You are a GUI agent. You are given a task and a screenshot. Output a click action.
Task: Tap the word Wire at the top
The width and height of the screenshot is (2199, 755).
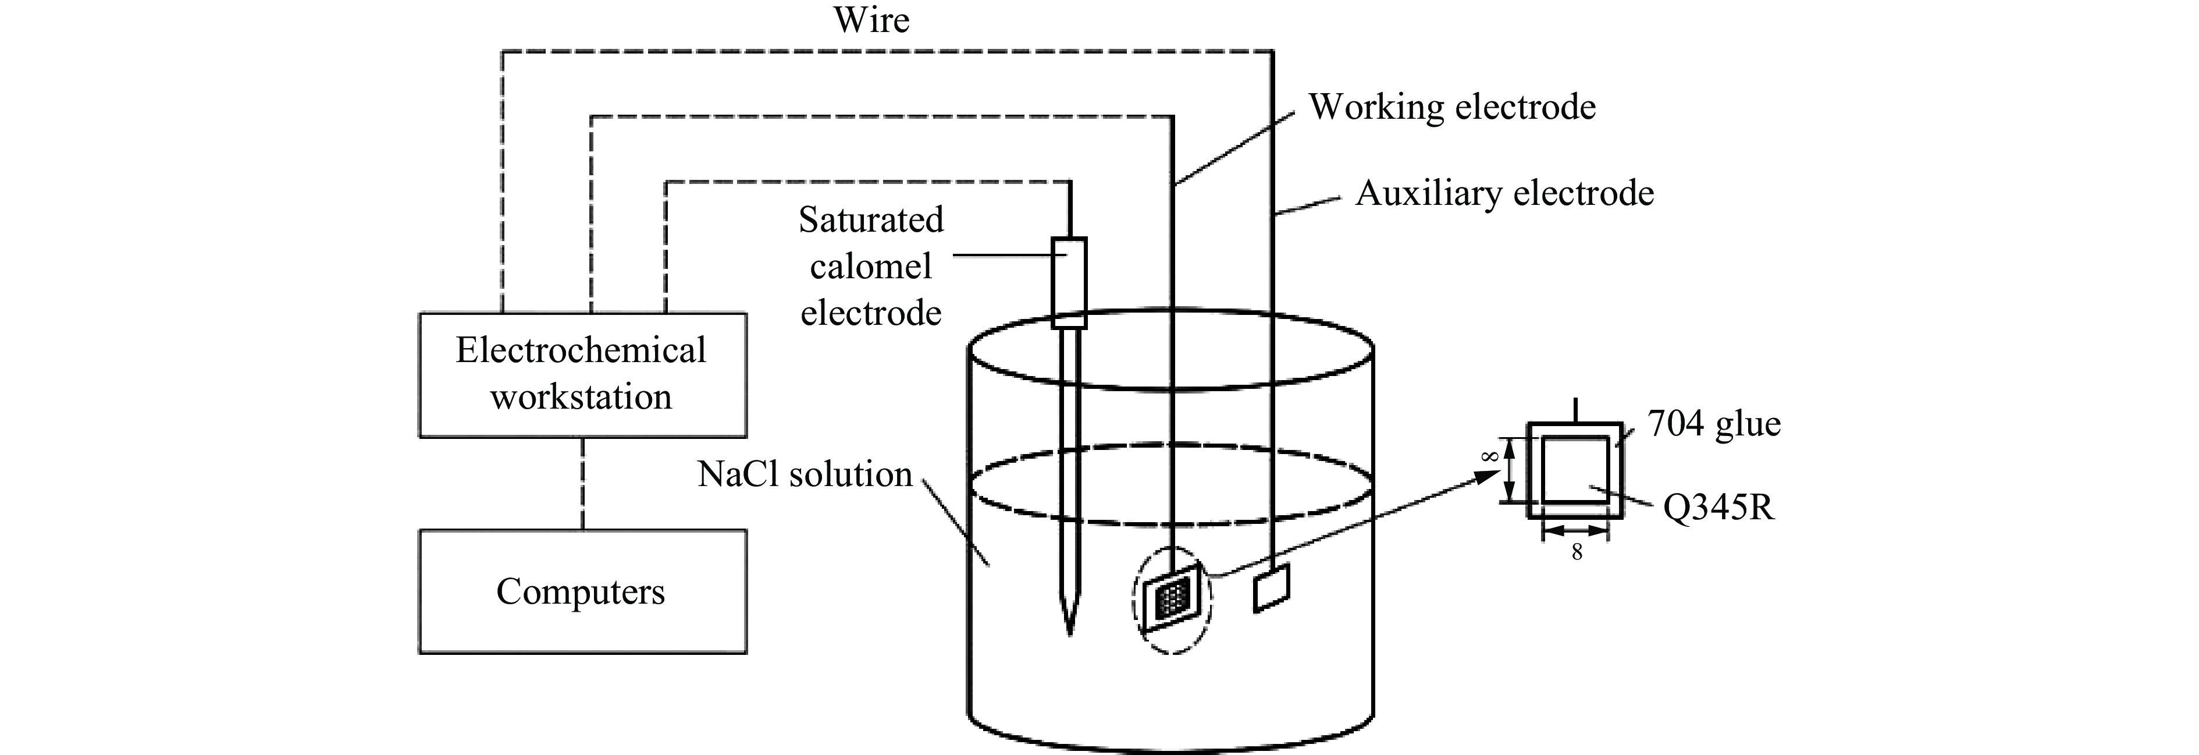[x=871, y=20]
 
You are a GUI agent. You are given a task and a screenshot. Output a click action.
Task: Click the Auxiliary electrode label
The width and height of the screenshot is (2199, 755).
[x=1504, y=194]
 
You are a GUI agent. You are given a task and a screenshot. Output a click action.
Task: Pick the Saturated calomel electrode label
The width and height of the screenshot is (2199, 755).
[x=871, y=267]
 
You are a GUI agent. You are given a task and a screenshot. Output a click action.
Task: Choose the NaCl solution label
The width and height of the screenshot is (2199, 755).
[x=804, y=475]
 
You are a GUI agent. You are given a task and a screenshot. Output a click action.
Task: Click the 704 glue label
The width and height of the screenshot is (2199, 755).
[x=1713, y=424]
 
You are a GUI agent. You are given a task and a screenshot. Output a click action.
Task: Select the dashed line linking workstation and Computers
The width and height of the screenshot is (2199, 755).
[x=582, y=483]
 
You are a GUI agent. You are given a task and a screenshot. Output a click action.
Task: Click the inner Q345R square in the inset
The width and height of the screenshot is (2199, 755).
[x=1575, y=470]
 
